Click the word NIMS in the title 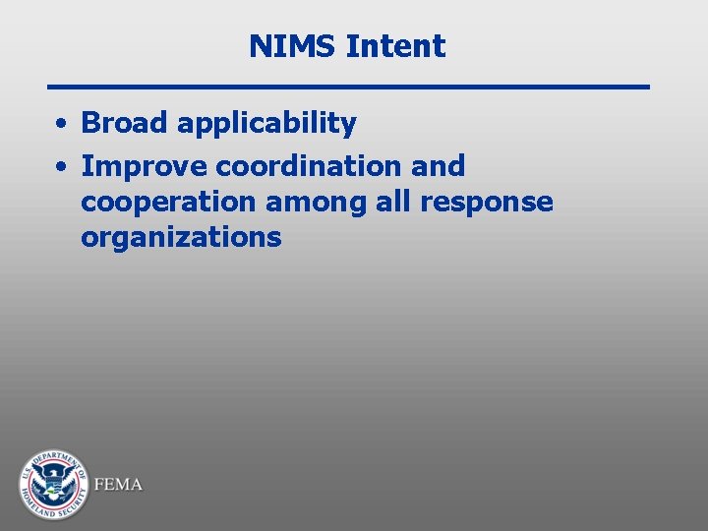click(x=293, y=46)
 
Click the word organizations click(x=181, y=238)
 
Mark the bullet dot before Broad click(x=61, y=125)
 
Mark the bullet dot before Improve click(x=61, y=166)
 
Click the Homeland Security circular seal click(x=53, y=485)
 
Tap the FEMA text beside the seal click(x=118, y=485)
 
